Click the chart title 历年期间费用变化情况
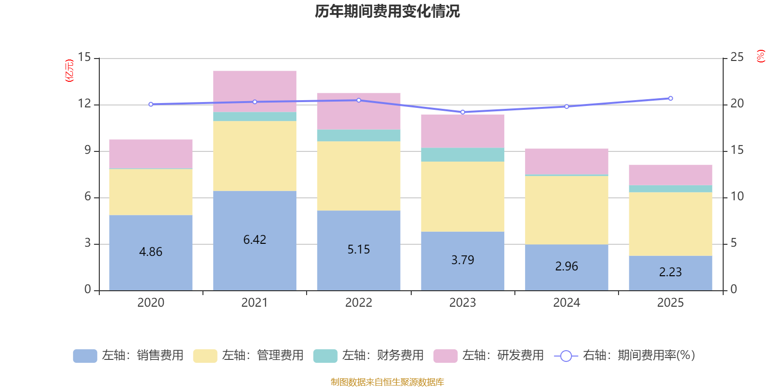click(x=387, y=11)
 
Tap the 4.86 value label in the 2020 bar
click(x=151, y=252)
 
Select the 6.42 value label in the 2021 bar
click(x=255, y=240)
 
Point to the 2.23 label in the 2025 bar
click(x=670, y=272)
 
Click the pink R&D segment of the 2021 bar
click(x=255, y=91)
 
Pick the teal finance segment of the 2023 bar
click(x=463, y=155)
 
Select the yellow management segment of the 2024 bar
click(x=567, y=210)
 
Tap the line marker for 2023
click(x=463, y=112)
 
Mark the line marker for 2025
click(x=670, y=98)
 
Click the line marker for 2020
click(x=151, y=104)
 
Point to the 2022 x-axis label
click(x=358, y=303)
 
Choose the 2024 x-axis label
click(x=567, y=303)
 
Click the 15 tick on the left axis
click(x=84, y=58)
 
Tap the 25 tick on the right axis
click(x=737, y=58)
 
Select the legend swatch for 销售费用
click(x=85, y=356)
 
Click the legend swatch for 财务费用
click(x=325, y=356)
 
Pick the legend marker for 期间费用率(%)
click(x=566, y=356)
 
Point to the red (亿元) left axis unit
click(x=70, y=71)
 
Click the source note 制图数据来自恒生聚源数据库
click(x=387, y=382)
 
